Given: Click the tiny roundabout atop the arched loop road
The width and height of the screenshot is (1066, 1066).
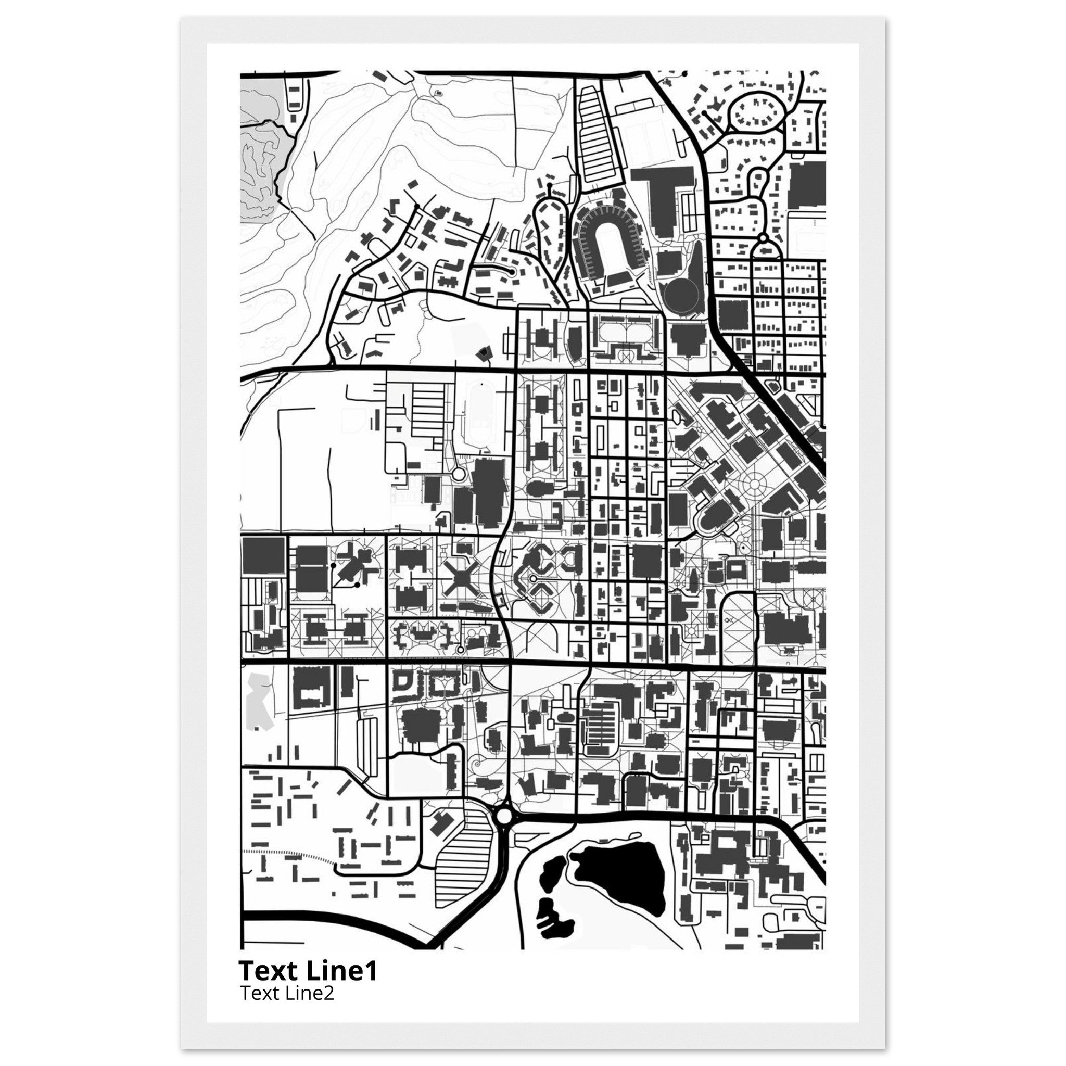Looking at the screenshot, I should [763, 238].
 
